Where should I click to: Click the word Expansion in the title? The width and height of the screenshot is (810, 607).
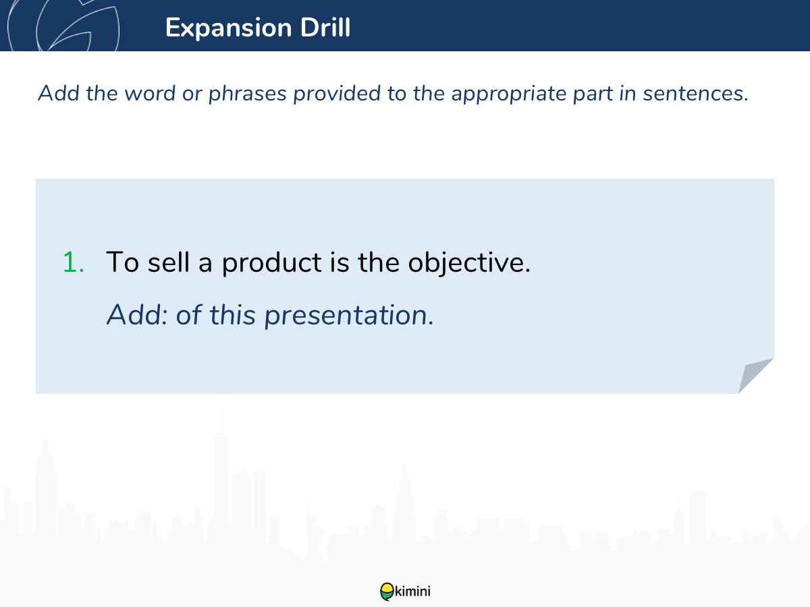click(x=228, y=28)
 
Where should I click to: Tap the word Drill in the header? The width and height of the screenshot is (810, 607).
click(x=325, y=27)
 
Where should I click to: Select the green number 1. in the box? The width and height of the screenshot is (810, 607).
click(x=74, y=262)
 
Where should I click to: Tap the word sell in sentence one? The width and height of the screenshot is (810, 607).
click(x=169, y=262)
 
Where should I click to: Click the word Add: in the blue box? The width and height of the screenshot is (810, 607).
click(x=137, y=315)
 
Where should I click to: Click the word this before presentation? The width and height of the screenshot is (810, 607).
click(x=232, y=315)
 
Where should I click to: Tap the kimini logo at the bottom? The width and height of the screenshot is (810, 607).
click(x=405, y=591)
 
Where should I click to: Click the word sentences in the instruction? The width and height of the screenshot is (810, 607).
click(x=696, y=94)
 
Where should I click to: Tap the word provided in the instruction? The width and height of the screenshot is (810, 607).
click(x=337, y=93)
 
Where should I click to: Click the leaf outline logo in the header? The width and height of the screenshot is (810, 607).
click(x=63, y=26)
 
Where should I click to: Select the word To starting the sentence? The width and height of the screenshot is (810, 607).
click(x=122, y=262)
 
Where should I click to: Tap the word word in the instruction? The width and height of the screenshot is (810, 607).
click(x=150, y=93)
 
